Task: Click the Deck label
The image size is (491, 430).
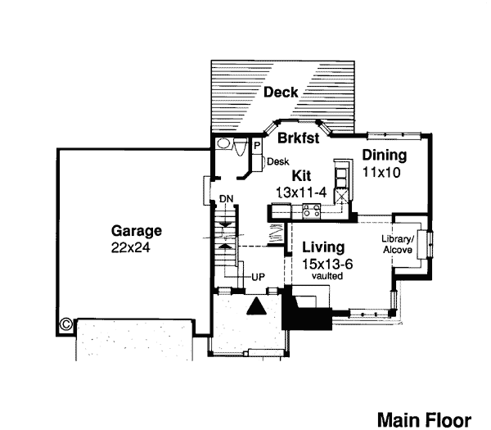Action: click(x=281, y=92)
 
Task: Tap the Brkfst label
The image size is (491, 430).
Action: click(x=299, y=138)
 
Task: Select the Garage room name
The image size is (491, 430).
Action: click(x=137, y=232)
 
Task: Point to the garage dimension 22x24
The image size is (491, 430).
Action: click(x=131, y=247)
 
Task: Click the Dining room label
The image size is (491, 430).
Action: click(x=385, y=156)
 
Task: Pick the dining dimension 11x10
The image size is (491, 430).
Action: click(x=381, y=172)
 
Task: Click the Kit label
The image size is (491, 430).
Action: click(x=301, y=176)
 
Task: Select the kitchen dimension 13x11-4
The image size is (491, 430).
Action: click(x=301, y=192)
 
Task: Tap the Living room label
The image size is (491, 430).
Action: click(x=323, y=247)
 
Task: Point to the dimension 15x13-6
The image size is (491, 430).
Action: click(x=327, y=265)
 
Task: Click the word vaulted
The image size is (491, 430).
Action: click(x=327, y=276)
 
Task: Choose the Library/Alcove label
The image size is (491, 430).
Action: click(x=398, y=244)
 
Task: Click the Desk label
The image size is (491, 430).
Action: click(x=278, y=161)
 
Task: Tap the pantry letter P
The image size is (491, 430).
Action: click(x=257, y=146)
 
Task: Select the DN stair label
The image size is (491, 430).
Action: click(x=227, y=199)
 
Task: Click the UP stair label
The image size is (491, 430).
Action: click(x=259, y=277)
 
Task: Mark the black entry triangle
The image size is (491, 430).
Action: click(x=256, y=306)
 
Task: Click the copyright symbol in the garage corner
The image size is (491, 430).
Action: click(x=66, y=324)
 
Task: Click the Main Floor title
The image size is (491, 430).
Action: click(x=424, y=420)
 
